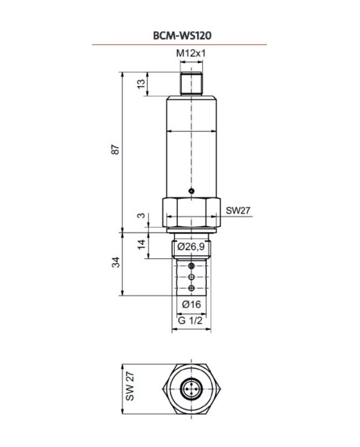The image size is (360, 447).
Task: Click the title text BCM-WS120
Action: pos(179,35)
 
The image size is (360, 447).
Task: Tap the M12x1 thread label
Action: pos(191,53)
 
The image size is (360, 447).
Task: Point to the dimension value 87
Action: pos(116,150)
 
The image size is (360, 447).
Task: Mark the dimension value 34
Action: pos(116,263)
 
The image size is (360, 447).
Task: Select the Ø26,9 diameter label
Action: pos(191,247)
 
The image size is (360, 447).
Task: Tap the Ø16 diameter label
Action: pos(191,304)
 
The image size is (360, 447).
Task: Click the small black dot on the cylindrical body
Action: pos(191,191)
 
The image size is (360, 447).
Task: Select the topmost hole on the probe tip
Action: pos(191,266)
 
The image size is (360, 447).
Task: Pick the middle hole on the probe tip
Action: pos(191,277)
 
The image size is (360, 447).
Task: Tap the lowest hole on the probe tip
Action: pos(191,288)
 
